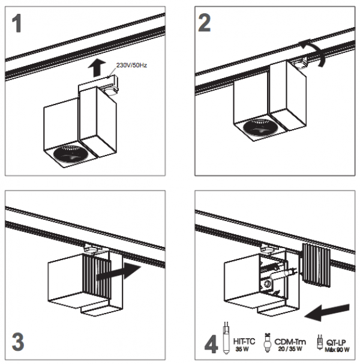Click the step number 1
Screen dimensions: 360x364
point(17,23)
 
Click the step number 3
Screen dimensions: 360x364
point(18,342)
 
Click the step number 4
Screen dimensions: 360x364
point(211,345)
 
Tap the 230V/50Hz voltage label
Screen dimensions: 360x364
point(131,65)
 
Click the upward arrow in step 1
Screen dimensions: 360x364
point(97,67)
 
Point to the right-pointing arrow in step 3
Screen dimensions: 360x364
point(118,271)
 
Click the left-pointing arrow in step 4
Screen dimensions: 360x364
point(326,312)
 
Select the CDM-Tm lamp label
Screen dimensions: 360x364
point(290,345)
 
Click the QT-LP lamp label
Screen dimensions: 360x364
point(337,345)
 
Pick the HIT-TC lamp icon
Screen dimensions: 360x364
point(226,338)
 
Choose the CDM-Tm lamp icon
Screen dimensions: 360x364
point(268,343)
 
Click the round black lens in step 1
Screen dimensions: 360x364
point(71,153)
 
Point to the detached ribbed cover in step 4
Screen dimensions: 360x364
point(316,265)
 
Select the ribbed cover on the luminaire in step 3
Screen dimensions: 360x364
point(97,276)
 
